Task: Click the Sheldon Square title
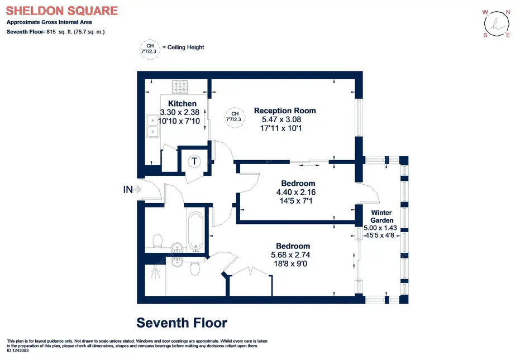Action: click(x=61, y=11)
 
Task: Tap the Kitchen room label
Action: click(x=182, y=103)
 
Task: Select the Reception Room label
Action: click(x=285, y=111)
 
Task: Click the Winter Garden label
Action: click(x=381, y=217)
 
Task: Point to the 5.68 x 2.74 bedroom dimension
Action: click(x=290, y=255)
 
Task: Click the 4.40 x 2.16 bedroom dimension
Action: click(x=296, y=192)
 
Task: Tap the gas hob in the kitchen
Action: click(x=180, y=87)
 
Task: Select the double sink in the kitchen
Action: click(x=153, y=126)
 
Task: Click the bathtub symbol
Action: click(x=195, y=232)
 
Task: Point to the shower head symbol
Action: click(x=155, y=272)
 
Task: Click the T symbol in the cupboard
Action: click(x=194, y=161)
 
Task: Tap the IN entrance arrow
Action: click(x=132, y=189)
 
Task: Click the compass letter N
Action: click(x=508, y=12)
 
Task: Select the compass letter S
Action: click(x=485, y=35)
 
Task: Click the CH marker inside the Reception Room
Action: click(x=235, y=117)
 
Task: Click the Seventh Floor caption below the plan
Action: click(x=182, y=323)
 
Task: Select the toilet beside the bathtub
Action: click(x=158, y=241)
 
